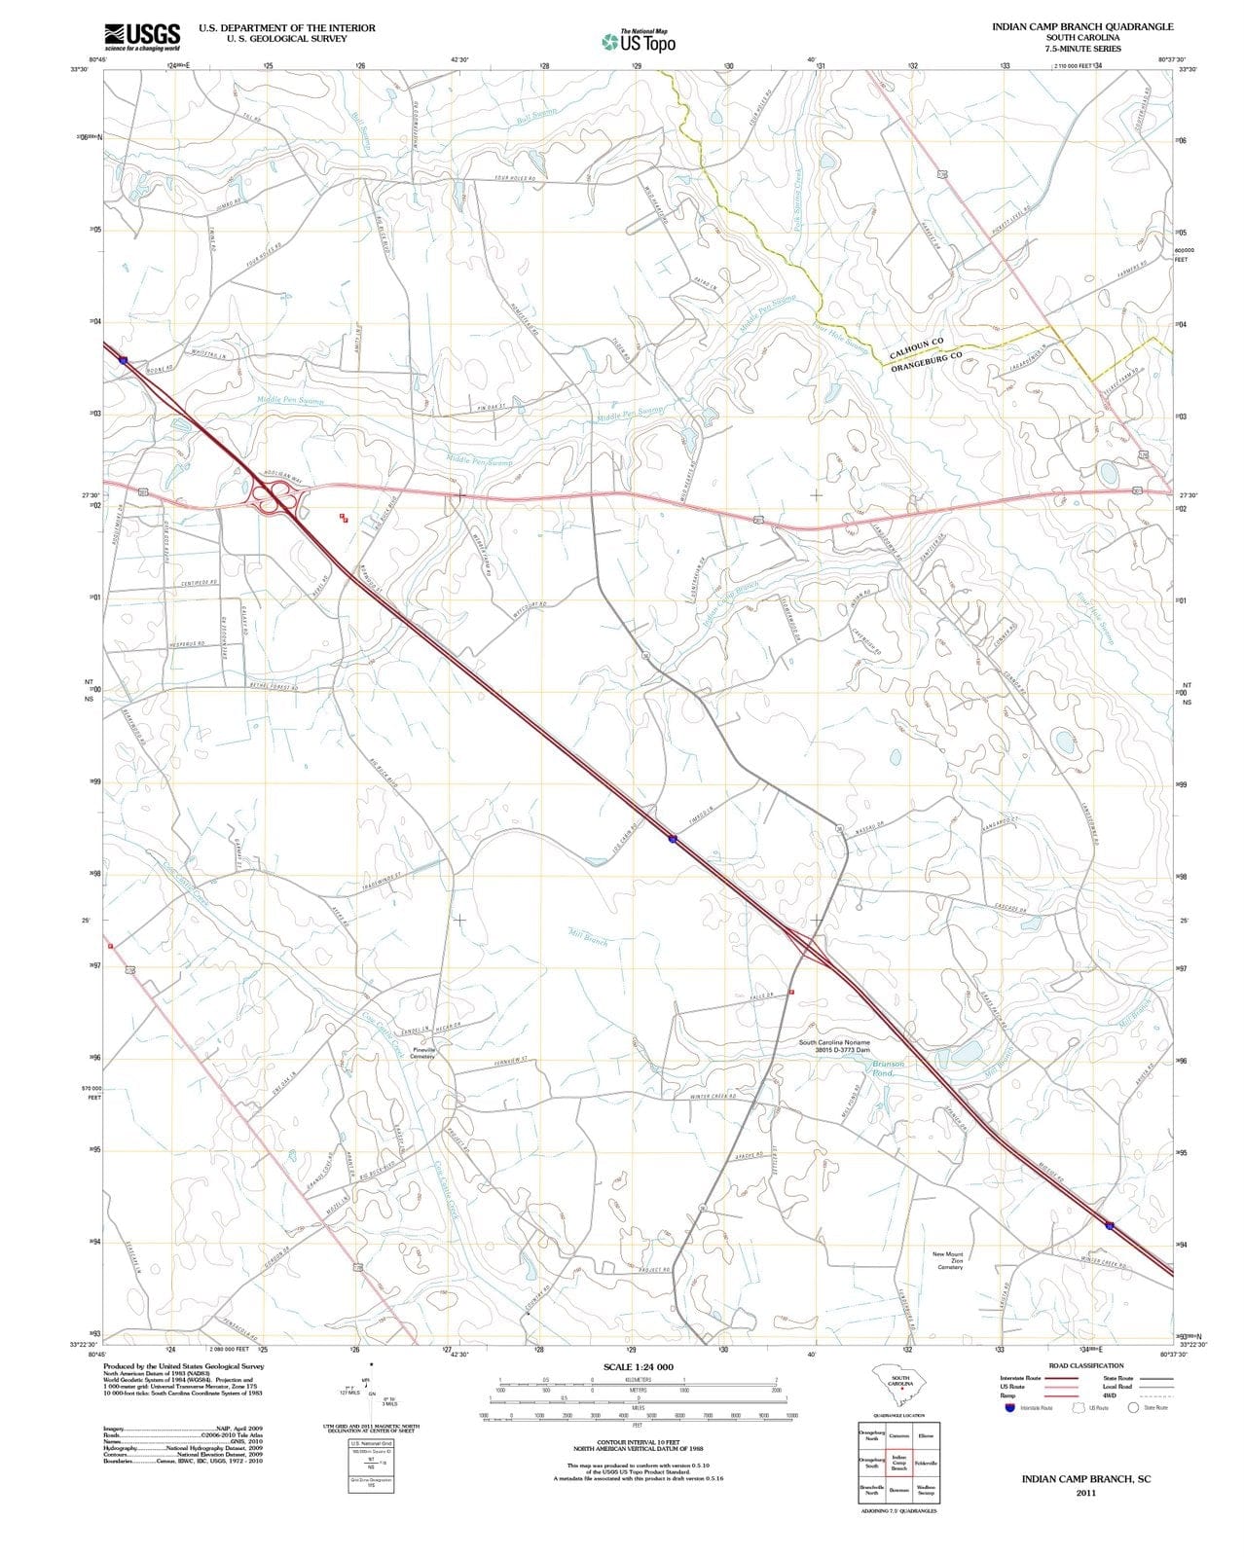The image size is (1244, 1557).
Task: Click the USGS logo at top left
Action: coord(141,37)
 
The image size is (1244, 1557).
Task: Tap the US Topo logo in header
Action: coord(639,42)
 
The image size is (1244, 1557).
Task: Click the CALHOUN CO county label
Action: coord(916,347)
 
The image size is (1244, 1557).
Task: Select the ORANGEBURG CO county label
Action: coord(926,361)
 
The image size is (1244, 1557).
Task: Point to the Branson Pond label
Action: coord(888,1068)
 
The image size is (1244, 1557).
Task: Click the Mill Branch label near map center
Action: coord(588,937)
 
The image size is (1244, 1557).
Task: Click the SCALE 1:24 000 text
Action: coord(638,1367)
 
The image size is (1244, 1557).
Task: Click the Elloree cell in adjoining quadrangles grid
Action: coord(926,1435)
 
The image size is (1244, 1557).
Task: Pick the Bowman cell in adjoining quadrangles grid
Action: coord(898,1490)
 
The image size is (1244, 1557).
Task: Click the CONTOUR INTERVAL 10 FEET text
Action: coord(638,1442)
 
